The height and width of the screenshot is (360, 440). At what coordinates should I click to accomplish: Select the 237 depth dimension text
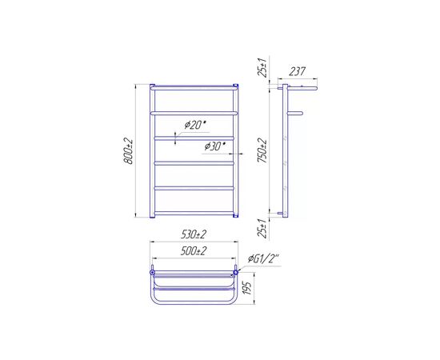coord(297,71)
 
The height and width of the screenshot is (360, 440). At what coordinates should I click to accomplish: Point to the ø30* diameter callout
coord(215,146)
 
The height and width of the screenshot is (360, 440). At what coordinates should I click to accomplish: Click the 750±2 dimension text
coord(263,150)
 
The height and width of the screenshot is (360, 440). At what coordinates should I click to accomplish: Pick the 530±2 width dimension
coord(194,234)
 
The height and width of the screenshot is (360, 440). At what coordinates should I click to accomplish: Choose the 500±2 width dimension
coord(194,251)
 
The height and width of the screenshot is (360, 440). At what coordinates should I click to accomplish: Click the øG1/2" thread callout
coord(264,258)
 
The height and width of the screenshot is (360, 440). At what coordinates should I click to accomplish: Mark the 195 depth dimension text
coord(247,288)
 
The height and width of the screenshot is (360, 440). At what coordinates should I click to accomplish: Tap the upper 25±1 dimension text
coord(263,68)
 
